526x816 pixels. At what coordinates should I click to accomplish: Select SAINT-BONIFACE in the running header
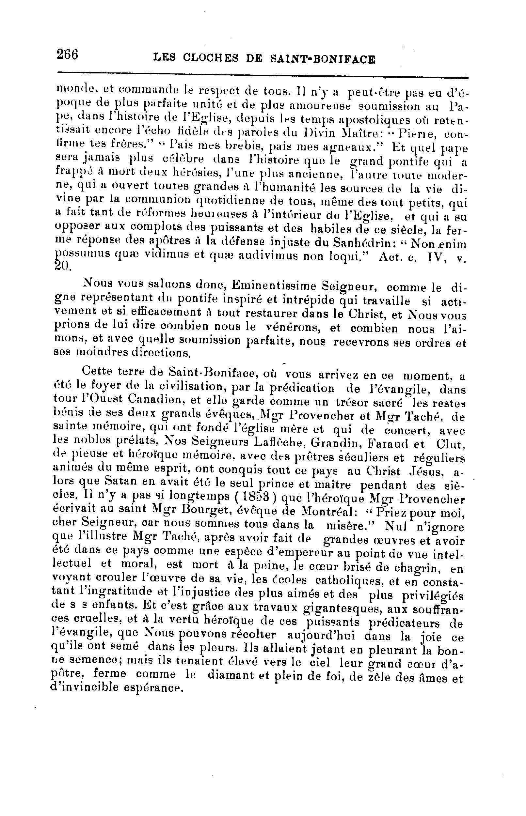click(x=323, y=59)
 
